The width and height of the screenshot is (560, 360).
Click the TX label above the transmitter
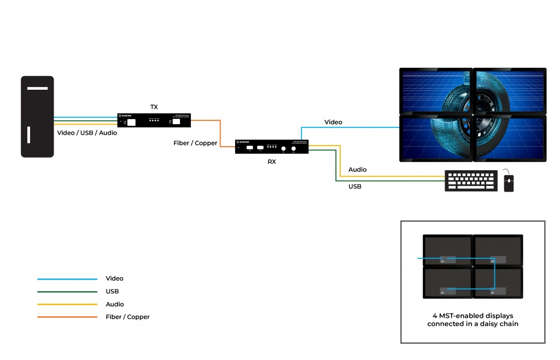click(x=154, y=107)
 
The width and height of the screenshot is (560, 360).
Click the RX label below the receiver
click(x=272, y=161)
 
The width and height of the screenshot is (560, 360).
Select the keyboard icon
click(x=471, y=181)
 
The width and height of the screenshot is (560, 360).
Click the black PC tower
click(x=37, y=117)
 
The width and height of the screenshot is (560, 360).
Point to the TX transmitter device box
click(x=154, y=120)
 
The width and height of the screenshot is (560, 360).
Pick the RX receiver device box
click(x=272, y=147)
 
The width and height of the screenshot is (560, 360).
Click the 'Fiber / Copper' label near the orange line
click(x=195, y=143)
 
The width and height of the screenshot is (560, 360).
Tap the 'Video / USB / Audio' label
click(x=87, y=133)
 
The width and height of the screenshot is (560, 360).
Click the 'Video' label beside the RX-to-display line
click(x=333, y=122)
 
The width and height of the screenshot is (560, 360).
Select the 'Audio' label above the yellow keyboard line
click(x=358, y=170)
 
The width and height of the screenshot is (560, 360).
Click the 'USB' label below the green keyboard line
click(x=355, y=187)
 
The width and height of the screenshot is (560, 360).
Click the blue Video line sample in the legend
click(x=67, y=279)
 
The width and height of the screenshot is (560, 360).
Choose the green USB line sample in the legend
click(x=67, y=292)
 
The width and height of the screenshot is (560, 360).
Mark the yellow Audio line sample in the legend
click(x=67, y=304)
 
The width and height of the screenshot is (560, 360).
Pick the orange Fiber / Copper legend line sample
click(x=67, y=317)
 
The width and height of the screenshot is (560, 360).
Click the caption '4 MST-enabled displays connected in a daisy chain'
click(x=472, y=320)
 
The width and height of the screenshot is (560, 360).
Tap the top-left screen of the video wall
click(x=435, y=91)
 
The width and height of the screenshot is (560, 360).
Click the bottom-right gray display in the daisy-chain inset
click(x=498, y=282)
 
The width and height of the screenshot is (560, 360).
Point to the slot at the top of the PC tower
click(x=37, y=88)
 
